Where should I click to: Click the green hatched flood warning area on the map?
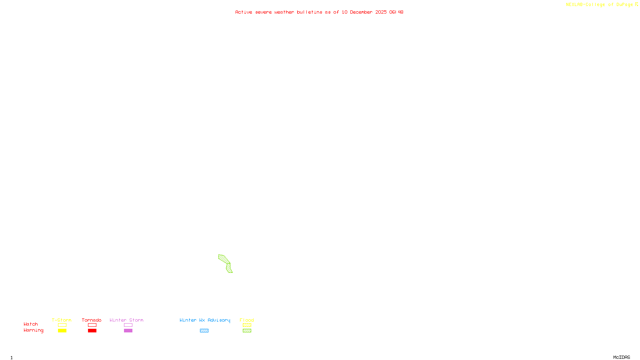(x=225, y=260)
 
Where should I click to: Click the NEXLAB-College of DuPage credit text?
(x=599, y=5)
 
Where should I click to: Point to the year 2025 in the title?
(x=381, y=12)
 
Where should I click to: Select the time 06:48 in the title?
(x=396, y=12)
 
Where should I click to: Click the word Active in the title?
(x=244, y=12)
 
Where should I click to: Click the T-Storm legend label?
(x=62, y=320)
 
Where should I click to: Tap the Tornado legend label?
(x=92, y=320)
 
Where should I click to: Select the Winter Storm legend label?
(x=126, y=320)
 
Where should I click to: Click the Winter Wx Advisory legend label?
(x=205, y=320)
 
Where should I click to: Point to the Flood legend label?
(x=247, y=320)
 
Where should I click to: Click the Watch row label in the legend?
(x=31, y=324)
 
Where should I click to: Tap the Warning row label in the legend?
(x=34, y=330)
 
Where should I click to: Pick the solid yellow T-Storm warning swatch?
(x=62, y=331)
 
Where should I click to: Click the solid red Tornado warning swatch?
(x=92, y=331)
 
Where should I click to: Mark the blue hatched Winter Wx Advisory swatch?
(x=204, y=331)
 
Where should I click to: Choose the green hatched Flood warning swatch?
(x=247, y=331)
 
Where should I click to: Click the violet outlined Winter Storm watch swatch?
(x=128, y=325)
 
